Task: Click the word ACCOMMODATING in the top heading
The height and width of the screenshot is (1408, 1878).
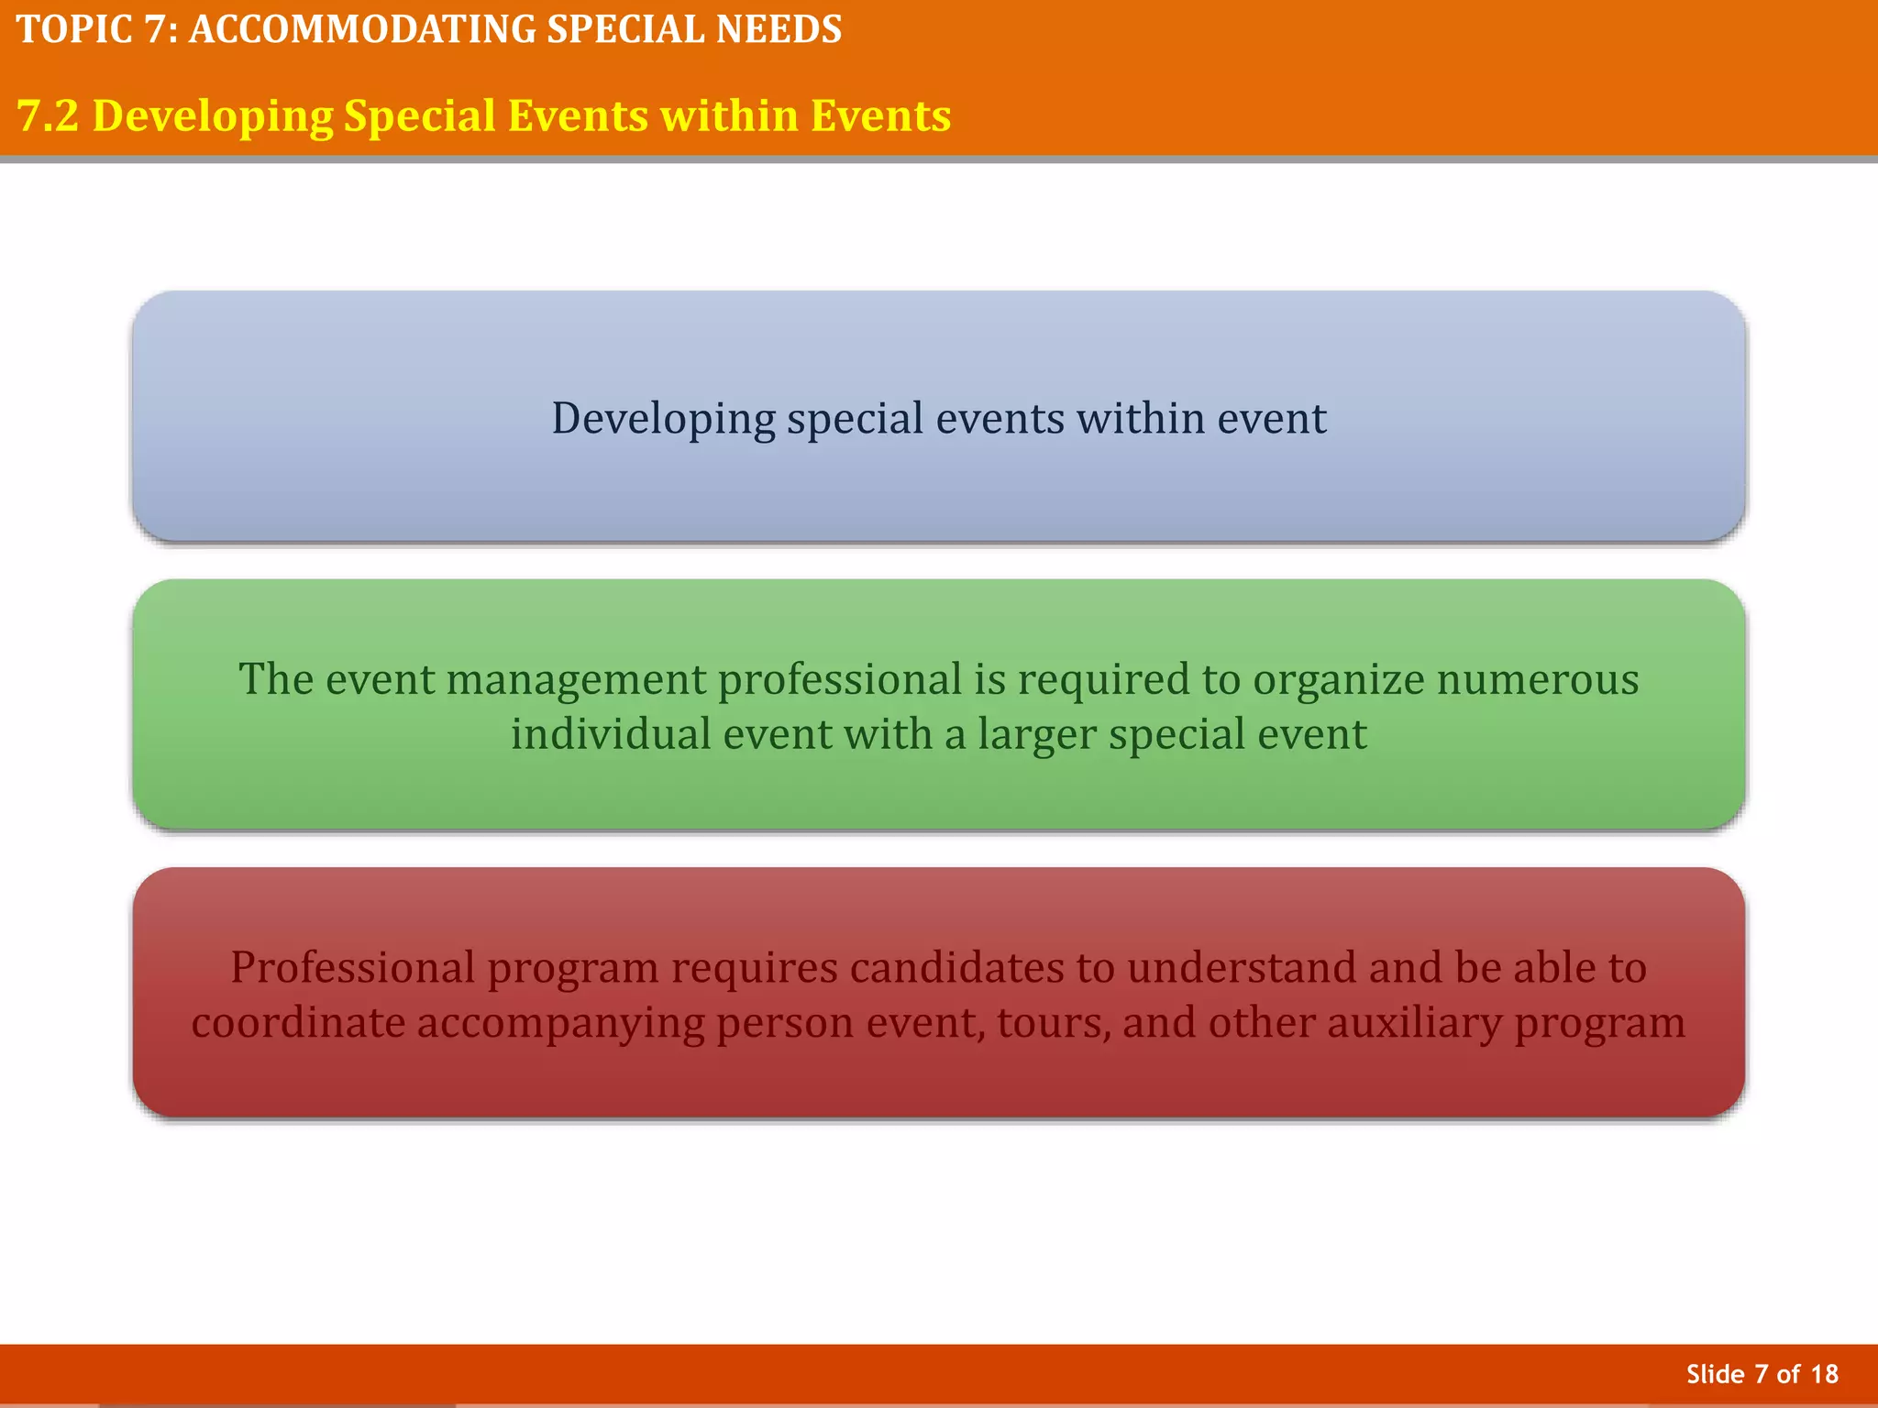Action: (362, 30)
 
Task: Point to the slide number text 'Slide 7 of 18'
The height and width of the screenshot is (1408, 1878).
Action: (1762, 1374)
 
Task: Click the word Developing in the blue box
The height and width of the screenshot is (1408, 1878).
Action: (663, 419)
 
